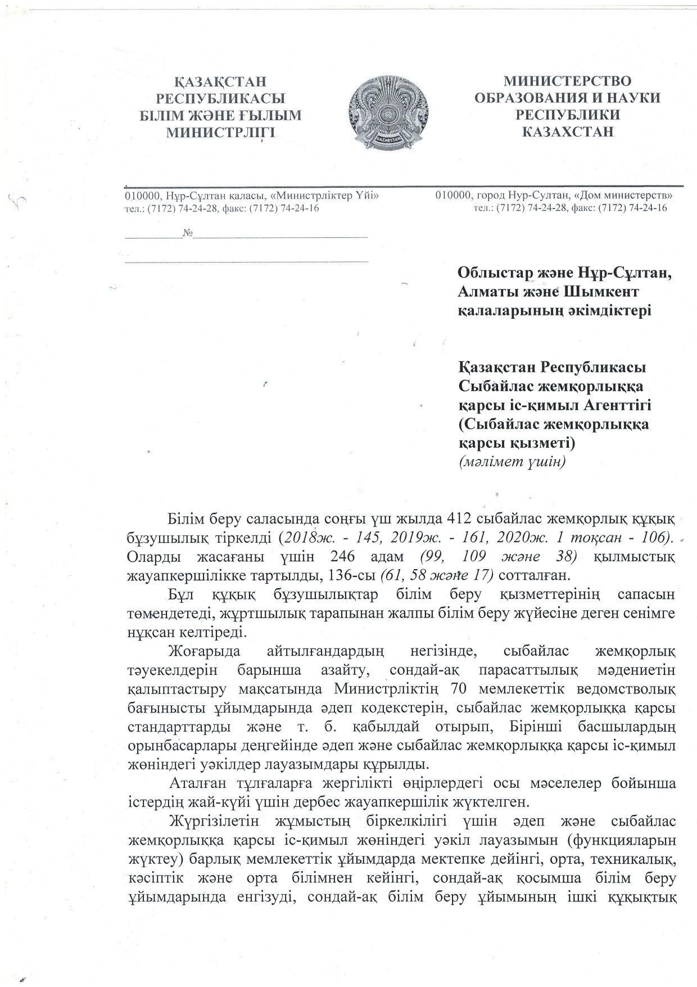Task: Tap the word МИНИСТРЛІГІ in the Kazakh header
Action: tap(220, 133)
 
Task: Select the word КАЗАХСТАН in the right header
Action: tap(568, 132)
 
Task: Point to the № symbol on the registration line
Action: tap(188, 233)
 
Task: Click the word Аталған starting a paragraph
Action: tap(197, 782)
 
